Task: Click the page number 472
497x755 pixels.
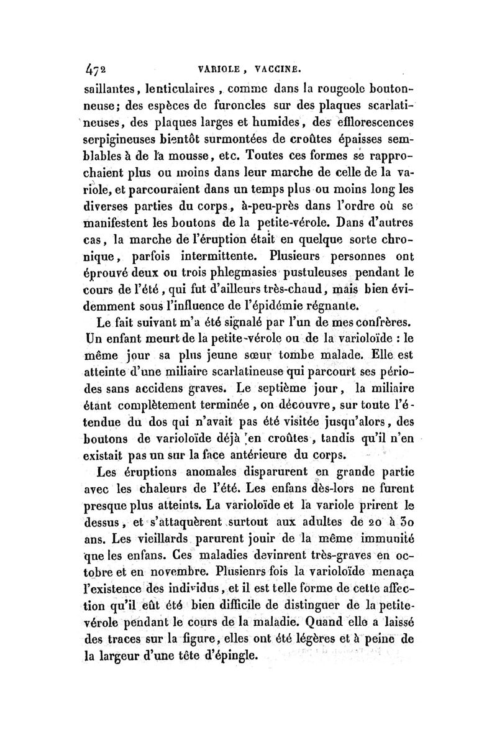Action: [x=96, y=62]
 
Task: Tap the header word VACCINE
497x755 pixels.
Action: [x=276, y=62]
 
